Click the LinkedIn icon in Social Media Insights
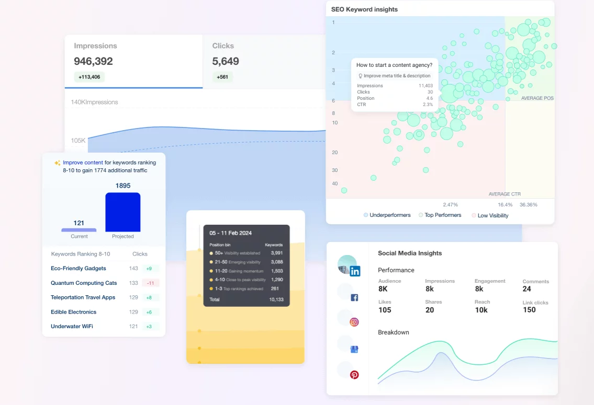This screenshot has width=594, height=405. [355, 271]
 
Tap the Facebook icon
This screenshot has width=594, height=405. [354, 297]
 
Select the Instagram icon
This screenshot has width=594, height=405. [354, 322]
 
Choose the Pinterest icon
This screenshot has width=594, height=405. [354, 375]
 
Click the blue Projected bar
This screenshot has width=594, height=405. [123, 212]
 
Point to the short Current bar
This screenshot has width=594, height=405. [79, 229]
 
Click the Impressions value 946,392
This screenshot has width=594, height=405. [94, 61]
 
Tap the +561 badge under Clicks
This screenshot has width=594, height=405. [222, 77]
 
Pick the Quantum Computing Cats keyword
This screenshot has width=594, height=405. [84, 283]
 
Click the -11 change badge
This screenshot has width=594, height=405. [151, 283]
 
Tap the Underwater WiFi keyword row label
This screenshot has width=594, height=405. [72, 326]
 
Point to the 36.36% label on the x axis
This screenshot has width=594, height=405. [529, 204]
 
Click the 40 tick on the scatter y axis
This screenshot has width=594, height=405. [334, 183]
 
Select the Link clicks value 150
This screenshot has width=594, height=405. [529, 310]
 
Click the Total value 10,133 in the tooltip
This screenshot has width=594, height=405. [276, 299]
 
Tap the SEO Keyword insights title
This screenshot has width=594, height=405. [364, 9]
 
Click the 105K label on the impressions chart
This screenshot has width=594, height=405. [79, 141]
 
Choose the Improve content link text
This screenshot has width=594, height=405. [83, 163]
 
